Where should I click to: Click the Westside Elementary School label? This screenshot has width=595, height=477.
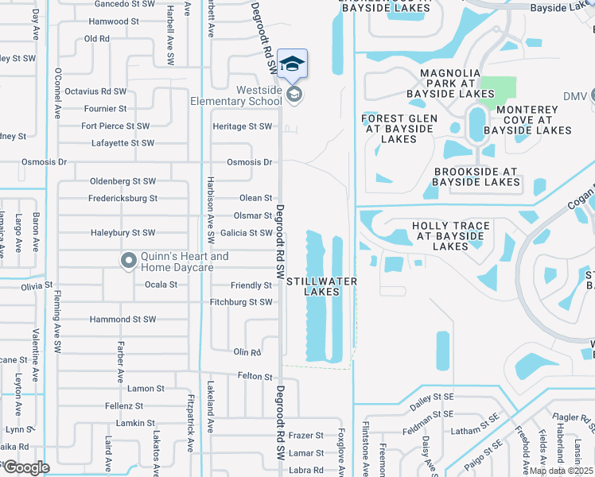(236, 96)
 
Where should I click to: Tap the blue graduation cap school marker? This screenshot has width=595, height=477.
(293, 64)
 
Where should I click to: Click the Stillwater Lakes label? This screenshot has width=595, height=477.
(321, 286)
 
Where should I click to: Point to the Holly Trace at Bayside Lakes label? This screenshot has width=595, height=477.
(450, 236)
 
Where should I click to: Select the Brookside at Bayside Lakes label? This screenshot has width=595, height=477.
(476, 176)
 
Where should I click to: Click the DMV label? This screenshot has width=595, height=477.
(574, 96)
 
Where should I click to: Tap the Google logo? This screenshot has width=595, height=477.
(25, 467)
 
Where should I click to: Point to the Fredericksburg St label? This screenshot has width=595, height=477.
(122, 198)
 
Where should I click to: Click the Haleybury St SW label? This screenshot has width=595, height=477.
(122, 233)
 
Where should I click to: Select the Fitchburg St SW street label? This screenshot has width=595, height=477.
(241, 302)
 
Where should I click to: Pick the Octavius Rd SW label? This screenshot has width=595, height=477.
(95, 91)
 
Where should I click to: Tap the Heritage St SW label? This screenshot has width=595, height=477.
(242, 126)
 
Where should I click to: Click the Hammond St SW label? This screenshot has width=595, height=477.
(122, 320)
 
